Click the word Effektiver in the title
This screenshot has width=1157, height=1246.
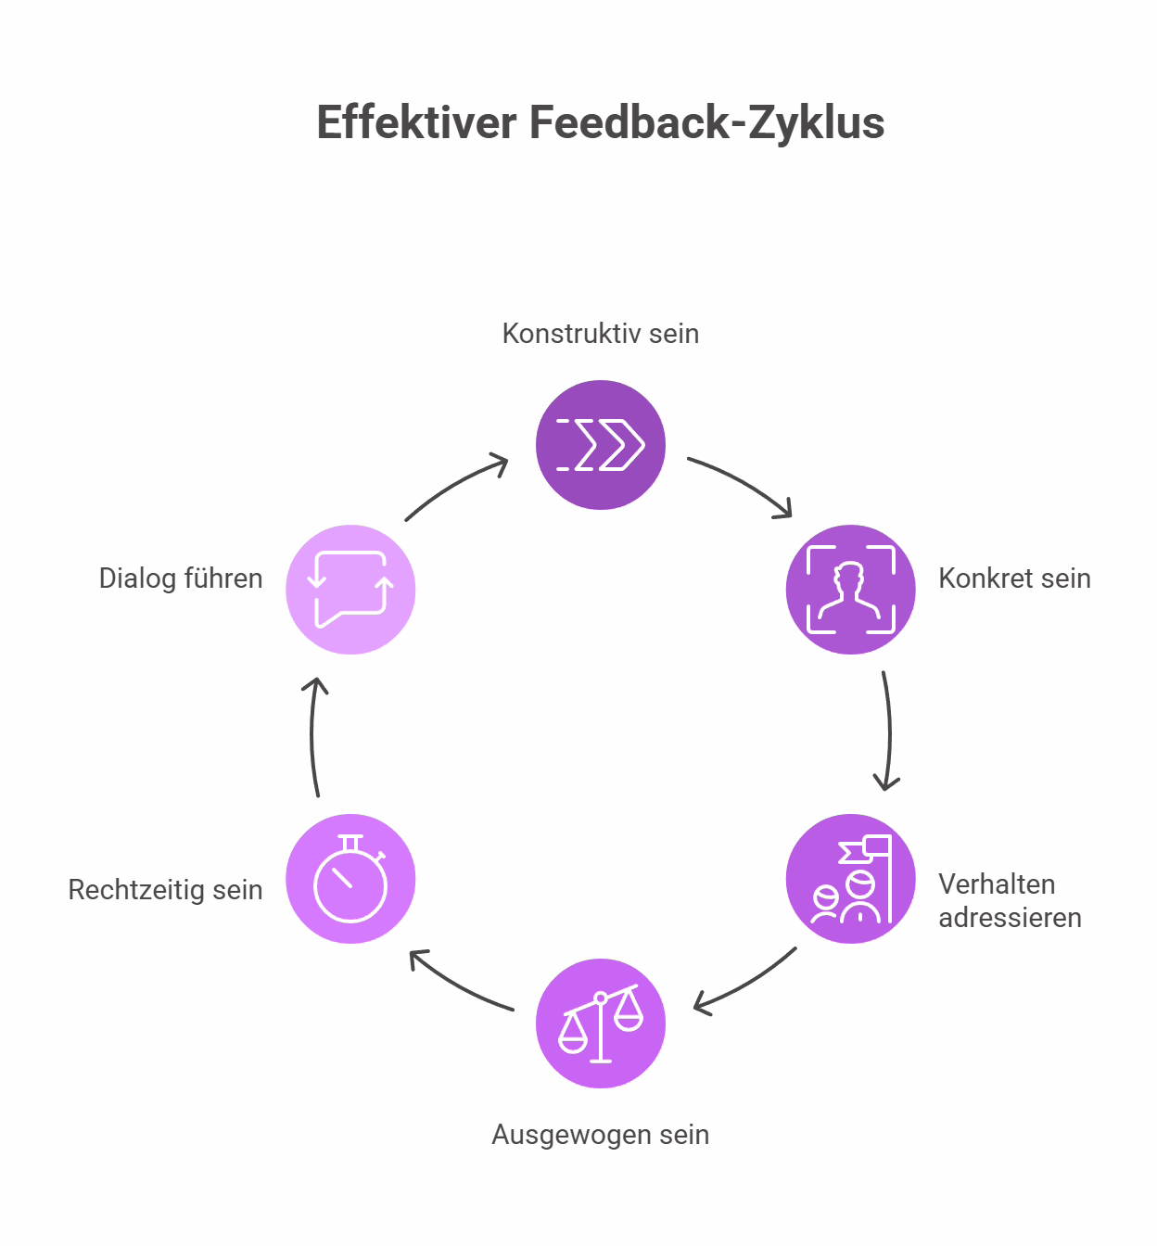417,123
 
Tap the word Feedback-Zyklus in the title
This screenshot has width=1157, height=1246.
706,123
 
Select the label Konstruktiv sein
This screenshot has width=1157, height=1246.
601,334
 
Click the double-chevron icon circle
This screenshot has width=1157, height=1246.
601,445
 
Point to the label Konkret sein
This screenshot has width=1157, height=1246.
1014,578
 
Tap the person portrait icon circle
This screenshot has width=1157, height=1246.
851,590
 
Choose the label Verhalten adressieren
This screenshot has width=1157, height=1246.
1010,900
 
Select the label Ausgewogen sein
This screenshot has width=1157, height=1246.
601,1135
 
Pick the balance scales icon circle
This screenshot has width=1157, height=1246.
601,1023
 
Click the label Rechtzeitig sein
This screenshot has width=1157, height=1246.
166,890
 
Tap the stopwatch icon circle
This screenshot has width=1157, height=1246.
350,879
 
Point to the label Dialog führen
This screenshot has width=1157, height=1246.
181,578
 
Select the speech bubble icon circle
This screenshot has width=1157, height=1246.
350,590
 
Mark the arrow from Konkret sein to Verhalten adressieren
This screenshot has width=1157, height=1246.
888,732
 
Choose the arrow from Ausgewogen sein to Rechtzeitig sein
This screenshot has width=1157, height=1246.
459,983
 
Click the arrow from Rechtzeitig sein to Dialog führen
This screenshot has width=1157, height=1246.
313,737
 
